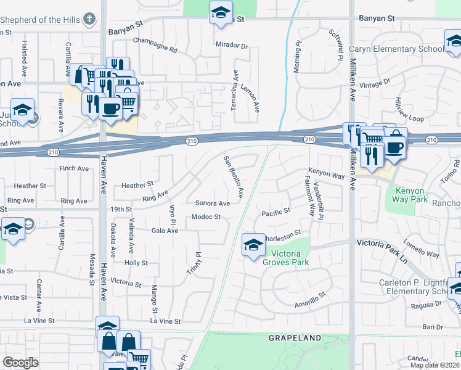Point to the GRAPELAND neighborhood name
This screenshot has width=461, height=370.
click(295, 338)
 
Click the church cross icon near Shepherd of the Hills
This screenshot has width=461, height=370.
click(90, 19)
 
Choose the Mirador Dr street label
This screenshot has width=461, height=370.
click(231, 46)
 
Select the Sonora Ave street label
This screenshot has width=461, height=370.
click(212, 203)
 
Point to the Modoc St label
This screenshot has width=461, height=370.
click(205, 216)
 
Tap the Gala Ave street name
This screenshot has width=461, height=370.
click(165, 231)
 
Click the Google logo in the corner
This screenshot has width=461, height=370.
click(20, 363)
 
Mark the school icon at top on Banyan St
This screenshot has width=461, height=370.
click(219, 12)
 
